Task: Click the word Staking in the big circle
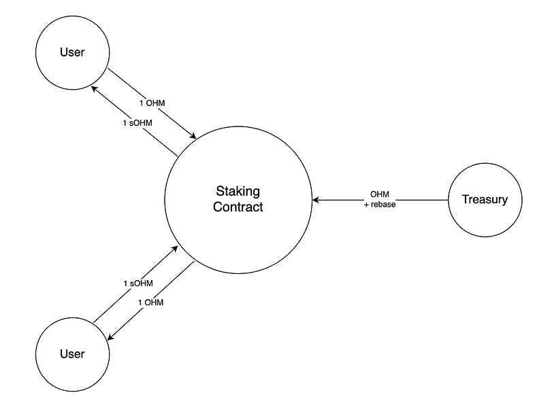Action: pos(238,192)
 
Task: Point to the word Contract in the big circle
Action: pos(238,207)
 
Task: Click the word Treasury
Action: pos(485,199)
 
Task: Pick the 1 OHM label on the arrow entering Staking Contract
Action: pos(152,103)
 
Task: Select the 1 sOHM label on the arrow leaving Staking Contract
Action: pos(137,123)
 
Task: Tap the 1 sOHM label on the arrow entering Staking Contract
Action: pos(138,283)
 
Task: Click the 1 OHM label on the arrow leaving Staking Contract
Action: pos(151,303)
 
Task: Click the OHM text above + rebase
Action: pos(380,194)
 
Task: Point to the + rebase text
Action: pos(380,205)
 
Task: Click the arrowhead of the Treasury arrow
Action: pos(316,200)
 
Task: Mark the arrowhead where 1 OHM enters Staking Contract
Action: pos(193,136)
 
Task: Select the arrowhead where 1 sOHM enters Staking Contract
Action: pos(174,248)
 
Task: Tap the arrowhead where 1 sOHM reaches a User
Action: pos(95,89)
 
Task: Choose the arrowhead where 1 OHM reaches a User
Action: pos(110,337)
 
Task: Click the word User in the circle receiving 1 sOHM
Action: pos(72,52)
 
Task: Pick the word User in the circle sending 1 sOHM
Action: pos(72,354)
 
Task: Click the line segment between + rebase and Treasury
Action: pos(423,200)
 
